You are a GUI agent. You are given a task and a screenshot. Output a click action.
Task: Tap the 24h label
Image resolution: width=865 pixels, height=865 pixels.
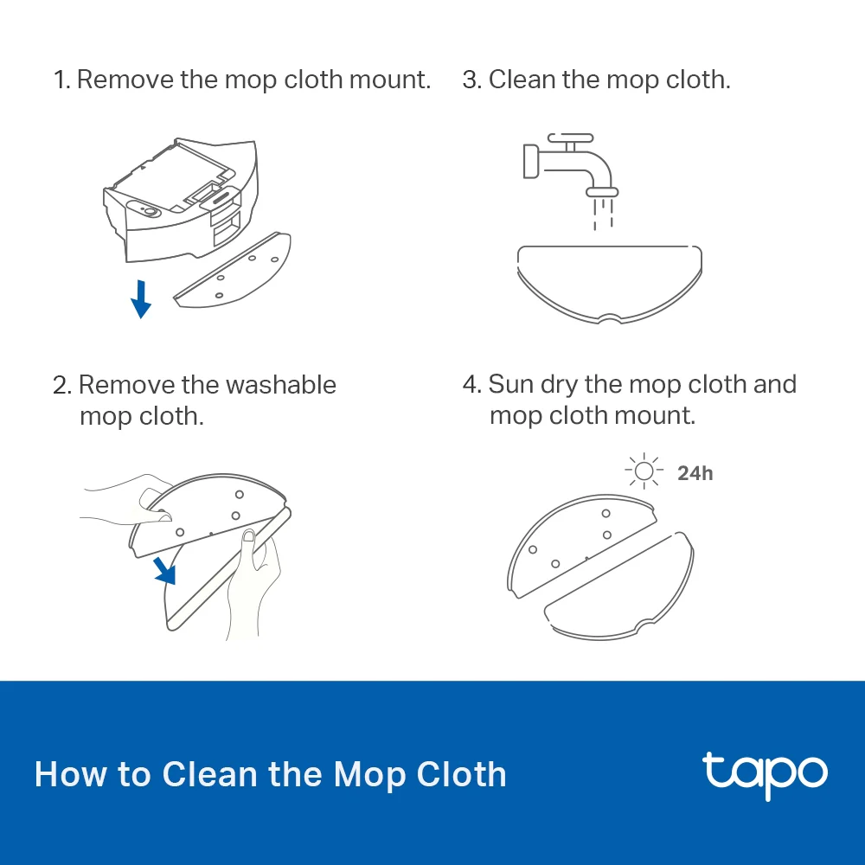tap(695, 473)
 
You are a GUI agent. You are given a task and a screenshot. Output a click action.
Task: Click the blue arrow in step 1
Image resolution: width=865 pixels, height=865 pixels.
tap(140, 298)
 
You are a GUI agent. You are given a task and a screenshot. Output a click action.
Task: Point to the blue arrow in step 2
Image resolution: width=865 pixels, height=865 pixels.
tap(163, 568)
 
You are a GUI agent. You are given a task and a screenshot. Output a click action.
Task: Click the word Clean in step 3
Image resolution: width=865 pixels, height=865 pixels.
tap(522, 80)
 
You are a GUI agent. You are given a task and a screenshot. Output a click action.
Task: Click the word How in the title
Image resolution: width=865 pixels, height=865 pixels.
tap(65, 773)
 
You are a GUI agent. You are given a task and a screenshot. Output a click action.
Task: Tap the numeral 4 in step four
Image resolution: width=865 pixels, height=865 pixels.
tap(471, 384)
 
